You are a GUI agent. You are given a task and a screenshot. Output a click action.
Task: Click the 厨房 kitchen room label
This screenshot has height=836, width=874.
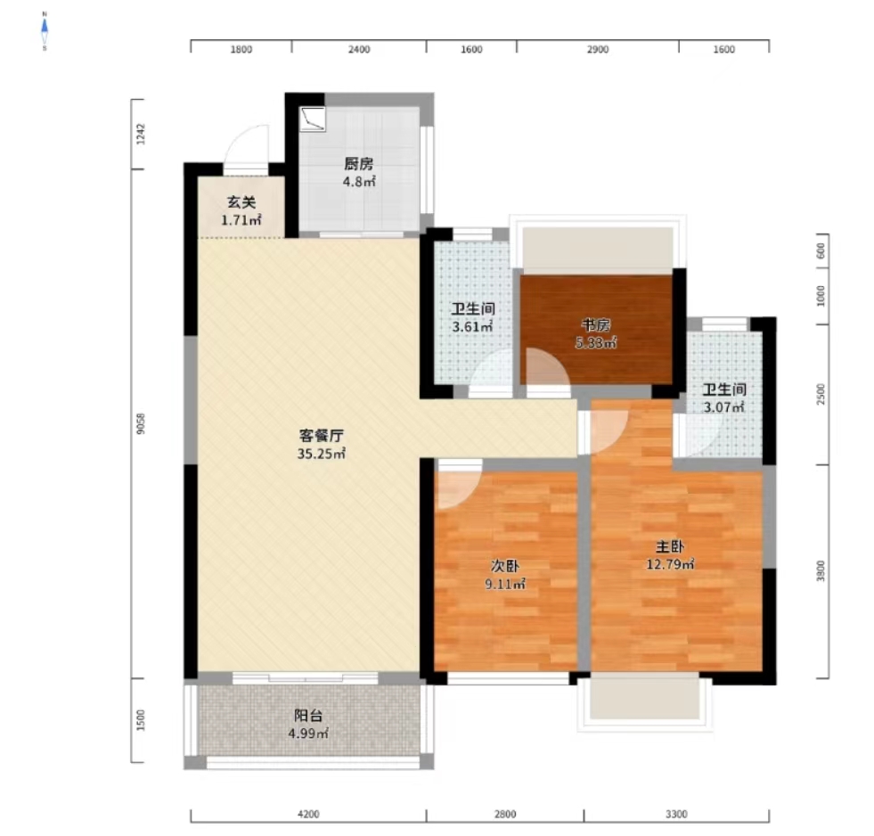click(358, 164)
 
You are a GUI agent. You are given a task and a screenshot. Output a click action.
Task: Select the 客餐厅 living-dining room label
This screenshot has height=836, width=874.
click(321, 436)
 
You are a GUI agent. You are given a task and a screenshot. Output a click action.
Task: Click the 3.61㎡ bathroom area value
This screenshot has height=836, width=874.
click(471, 326)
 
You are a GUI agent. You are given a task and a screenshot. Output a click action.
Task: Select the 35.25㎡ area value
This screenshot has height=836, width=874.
click(321, 454)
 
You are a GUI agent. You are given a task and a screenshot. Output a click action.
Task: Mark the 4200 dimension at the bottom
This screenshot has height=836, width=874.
click(307, 815)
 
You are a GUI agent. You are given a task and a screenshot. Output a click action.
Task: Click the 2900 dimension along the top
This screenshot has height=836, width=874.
click(597, 50)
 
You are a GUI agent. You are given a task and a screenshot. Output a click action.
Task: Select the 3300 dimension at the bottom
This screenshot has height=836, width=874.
click(676, 815)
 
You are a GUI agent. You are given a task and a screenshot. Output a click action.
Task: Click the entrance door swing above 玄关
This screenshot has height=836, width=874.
click(248, 147)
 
